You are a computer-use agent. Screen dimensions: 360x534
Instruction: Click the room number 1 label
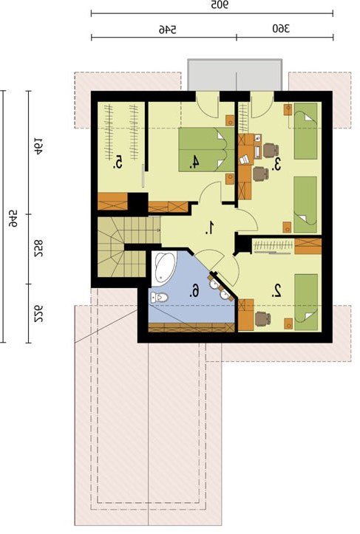tap(211, 227)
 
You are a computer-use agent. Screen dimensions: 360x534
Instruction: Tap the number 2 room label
tap(276, 291)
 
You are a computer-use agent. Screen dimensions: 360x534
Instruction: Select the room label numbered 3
tap(276, 164)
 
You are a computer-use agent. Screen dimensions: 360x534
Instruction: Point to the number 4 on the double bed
tap(194, 162)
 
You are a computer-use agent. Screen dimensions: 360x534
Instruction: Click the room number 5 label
tap(118, 162)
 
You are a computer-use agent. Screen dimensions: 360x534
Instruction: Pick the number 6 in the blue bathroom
tap(194, 291)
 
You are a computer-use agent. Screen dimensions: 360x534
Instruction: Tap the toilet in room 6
tap(159, 298)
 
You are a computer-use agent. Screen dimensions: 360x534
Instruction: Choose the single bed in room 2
tap(306, 302)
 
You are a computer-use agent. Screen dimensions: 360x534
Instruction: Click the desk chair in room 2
tap(263, 318)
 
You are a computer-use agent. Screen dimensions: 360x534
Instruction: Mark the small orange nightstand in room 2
tap(288, 324)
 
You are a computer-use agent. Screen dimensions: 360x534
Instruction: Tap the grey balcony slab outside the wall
tap(235, 75)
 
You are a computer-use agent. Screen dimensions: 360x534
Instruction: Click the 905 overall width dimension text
tap(220, 5)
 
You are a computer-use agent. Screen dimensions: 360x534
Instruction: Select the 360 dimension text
tap(281, 29)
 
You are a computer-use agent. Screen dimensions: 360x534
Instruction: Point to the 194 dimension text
tap(38, 146)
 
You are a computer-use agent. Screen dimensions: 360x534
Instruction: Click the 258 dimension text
tap(38, 249)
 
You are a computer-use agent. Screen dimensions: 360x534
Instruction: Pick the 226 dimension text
tap(38, 313)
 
